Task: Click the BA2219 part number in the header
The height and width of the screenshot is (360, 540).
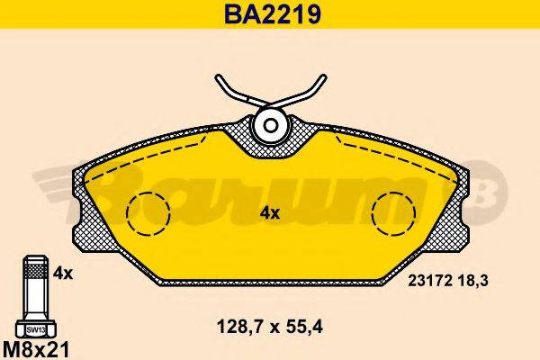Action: pos(269,15)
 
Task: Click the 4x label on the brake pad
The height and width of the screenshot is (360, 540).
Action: pos(269,213)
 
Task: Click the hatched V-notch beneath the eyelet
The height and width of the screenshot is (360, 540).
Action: pos(269,147)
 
